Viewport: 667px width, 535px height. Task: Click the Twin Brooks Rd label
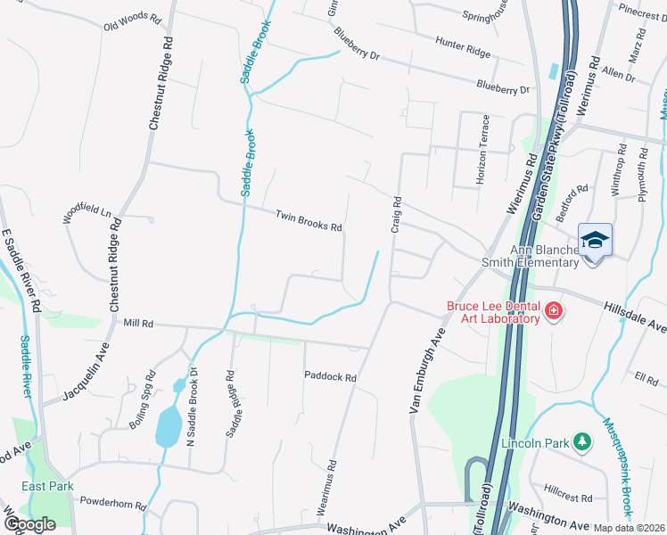click(x=309, y=221)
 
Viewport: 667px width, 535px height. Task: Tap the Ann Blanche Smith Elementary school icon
click(x=595, y=240)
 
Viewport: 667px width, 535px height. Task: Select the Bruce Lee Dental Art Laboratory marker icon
click(x=554, y=310)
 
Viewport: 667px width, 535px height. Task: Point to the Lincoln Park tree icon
click(x=582, y=441)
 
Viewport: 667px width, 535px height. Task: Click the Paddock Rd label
click(x=330, y=377)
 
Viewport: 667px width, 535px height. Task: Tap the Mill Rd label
click(x=139, y=323)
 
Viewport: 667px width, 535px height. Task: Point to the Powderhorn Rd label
click(x=112, y=502)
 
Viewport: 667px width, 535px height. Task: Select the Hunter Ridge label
click(x=463, y=47)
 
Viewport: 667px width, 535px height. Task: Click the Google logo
click(x=29, y=523)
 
